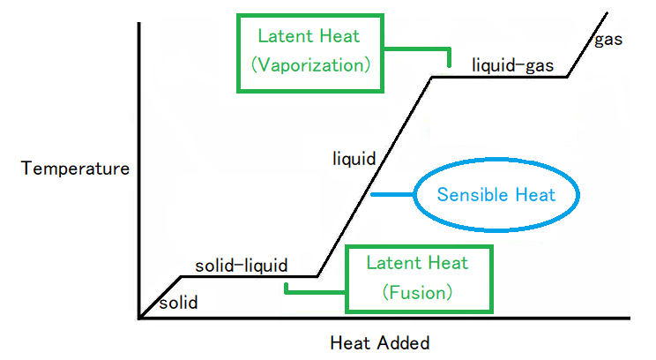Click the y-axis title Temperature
(76, 168)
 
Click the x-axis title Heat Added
(380, 341)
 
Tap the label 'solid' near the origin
(178, 304)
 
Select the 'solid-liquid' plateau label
(241, 265)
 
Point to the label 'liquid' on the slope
(354, 159)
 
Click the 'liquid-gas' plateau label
(512, 64)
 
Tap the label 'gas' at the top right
(608, 40)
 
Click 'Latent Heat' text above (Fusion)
(417, 263)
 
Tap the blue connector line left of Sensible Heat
(392, 194)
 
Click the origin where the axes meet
(139, 318)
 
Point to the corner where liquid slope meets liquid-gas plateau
(431, 77)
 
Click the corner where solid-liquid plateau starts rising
(317, 276)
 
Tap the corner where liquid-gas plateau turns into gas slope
(567, 77)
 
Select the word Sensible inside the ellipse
(466, 194)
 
